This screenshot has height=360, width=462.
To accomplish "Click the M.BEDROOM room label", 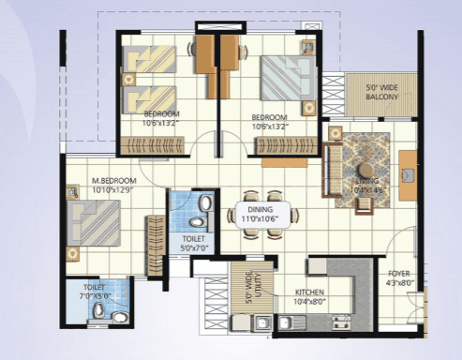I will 114,179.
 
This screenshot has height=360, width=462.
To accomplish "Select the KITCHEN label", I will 310,292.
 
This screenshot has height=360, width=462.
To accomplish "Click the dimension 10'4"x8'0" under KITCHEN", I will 310,301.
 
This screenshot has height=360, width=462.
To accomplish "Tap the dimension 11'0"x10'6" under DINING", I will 261,218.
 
